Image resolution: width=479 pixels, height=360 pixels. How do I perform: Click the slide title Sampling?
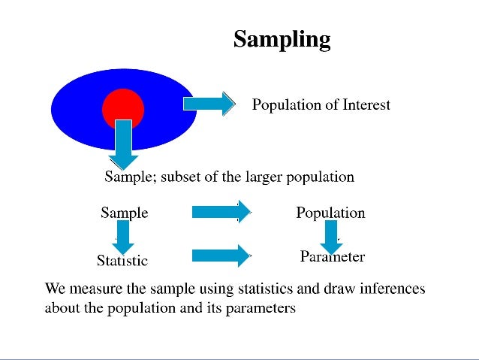pos(282,38)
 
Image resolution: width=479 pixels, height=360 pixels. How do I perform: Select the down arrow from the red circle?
pos(124,145)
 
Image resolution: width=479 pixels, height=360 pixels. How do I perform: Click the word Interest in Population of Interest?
pos(366,104)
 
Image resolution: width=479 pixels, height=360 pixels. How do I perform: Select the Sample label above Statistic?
pos(125,213)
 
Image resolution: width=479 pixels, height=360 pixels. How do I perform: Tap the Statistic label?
pos(122,261)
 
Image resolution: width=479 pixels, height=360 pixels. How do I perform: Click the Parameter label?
pos(333,257)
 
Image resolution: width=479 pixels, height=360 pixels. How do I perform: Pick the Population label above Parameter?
pos(330,213)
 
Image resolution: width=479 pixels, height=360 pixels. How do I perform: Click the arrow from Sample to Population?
pos(221,212)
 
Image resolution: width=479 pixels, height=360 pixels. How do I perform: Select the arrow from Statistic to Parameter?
pos(221,256)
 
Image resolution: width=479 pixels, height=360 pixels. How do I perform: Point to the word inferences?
pos(391,289)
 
